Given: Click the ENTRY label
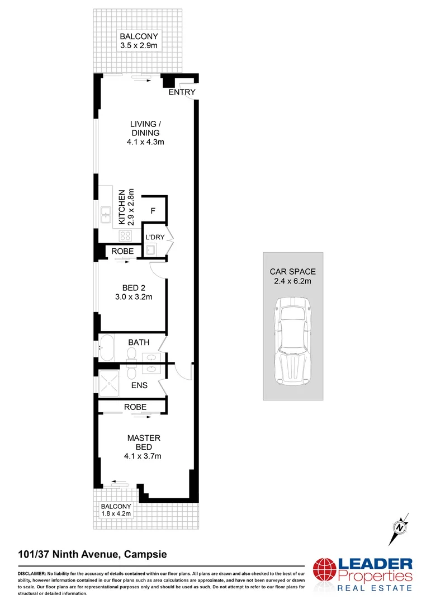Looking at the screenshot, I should coord(182,92).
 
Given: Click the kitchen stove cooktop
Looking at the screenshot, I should coord(125,236).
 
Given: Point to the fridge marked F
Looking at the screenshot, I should coord(153,211).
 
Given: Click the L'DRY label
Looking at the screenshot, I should coord(155,237).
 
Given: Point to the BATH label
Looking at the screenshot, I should coord(138,342).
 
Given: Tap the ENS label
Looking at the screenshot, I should coord(139,385).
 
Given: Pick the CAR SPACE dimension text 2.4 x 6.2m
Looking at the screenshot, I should coord(292,281).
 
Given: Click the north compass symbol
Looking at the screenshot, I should coord(400,526).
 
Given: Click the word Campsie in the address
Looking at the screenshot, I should coord(144,555).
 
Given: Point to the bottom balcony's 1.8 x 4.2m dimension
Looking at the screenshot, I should coord(116,513).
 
